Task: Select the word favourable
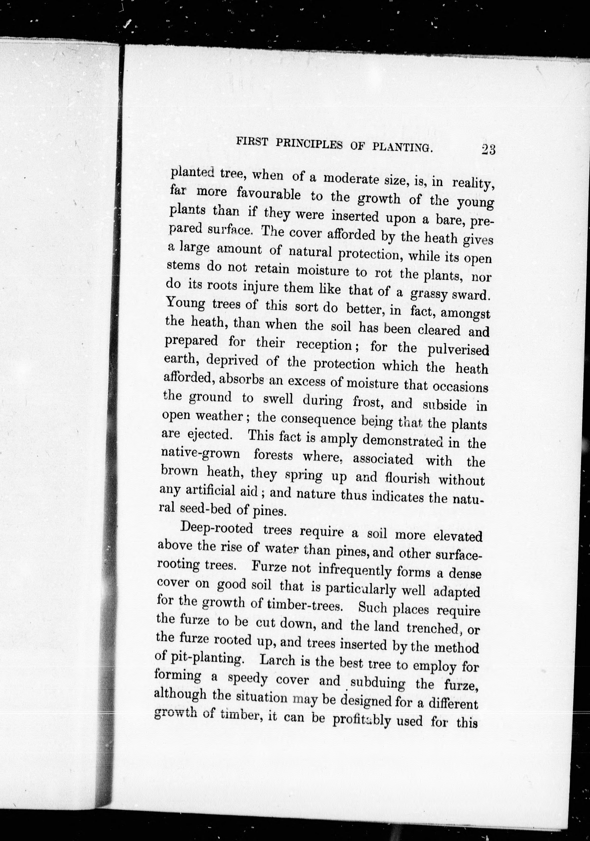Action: point(269,194)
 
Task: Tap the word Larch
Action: point(277,660)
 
